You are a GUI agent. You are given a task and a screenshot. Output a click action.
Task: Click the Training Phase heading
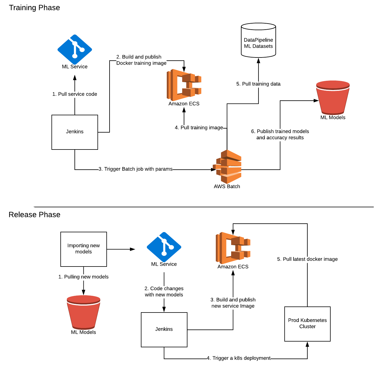coord(34,8)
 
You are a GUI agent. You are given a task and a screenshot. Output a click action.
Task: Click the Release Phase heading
coord(34,215)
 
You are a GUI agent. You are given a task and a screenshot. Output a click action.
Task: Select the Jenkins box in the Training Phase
coord(75,132)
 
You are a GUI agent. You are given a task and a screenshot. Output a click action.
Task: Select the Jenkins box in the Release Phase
coord(164,329)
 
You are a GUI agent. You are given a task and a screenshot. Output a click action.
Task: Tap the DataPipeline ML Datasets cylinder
coord(258,41)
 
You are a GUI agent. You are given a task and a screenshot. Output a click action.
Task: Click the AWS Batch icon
coord(227,167)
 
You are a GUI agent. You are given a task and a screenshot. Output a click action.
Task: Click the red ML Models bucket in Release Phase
coord(83,312)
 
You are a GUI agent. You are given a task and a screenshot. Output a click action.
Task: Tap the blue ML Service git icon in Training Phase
coord(75,49)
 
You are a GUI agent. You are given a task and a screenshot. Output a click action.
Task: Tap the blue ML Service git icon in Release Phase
coord(164,247)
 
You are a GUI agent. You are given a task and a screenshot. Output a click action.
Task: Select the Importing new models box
coord(84,249)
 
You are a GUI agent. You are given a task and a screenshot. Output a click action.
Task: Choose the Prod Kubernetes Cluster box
coord(307,324)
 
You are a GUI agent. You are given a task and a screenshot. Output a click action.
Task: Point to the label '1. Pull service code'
coord(75,94)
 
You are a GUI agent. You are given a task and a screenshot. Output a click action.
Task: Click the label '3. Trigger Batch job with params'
coord(135,169)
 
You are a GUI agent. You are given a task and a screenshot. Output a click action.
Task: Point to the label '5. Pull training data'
coord(258,84)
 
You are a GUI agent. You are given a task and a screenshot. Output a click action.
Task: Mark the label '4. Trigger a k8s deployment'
coord(239,358)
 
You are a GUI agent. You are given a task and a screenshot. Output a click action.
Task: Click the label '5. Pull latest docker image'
coord(307,259)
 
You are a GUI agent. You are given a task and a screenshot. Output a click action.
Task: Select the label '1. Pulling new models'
coord(83,277)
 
